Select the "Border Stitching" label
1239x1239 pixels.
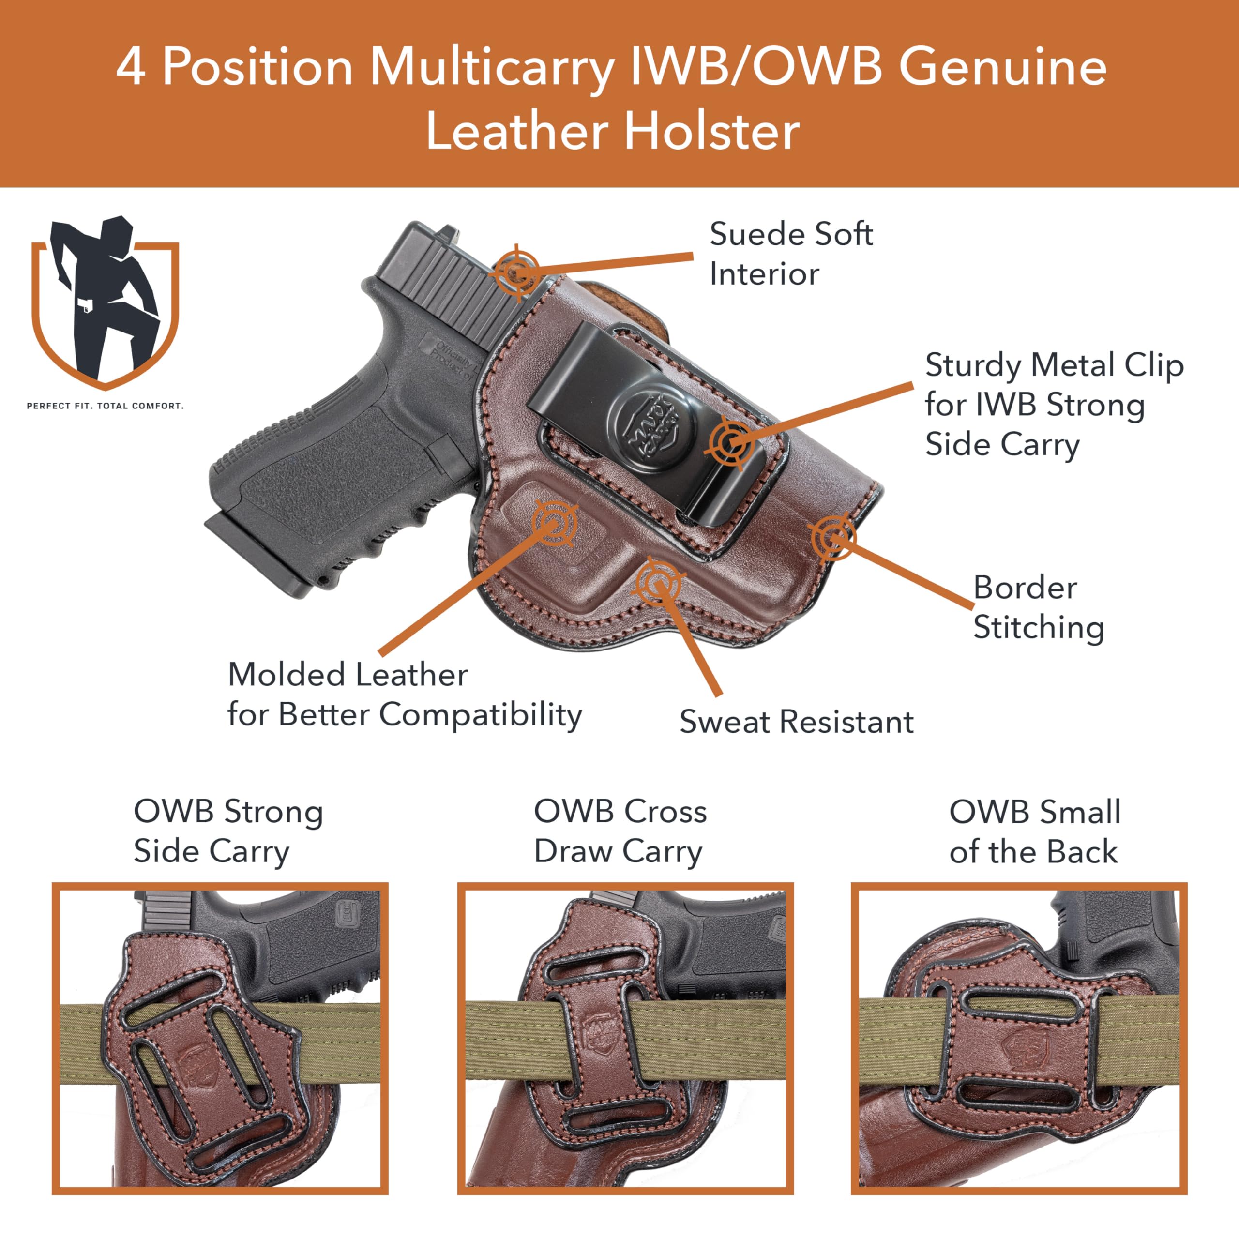point(1038,606)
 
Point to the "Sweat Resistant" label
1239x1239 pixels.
point(796,722)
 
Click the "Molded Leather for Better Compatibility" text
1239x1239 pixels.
point(404,695)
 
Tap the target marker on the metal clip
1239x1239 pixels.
point(731,441)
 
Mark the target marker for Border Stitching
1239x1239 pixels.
point(832,537)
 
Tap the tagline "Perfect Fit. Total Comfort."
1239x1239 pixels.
point(105,406)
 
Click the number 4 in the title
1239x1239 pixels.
point(130,67)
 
